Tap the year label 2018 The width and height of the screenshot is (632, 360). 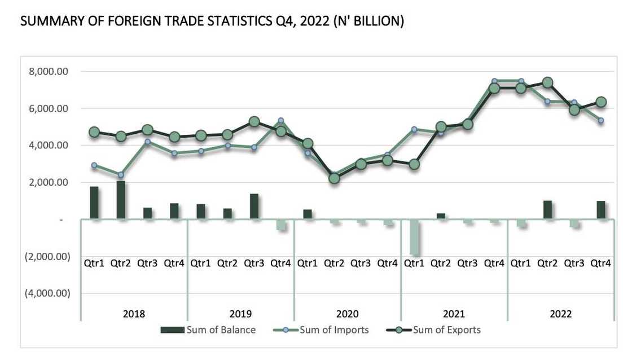click(x=134, y=314)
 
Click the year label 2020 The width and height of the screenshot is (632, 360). click(x=347, y=314)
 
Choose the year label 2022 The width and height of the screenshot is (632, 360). click(x=561, y=314)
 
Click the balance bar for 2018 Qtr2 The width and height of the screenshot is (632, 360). click(x=121, y=200)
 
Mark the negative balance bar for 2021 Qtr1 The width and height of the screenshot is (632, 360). click(x=414, y=237)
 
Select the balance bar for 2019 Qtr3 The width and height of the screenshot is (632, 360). click(x=254, y=207)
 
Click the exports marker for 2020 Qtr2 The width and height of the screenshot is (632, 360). click(x=334, y=178)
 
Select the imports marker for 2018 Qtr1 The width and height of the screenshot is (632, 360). click(x=94, y=165)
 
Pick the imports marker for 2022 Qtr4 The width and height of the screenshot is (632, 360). click(x=601, y=120)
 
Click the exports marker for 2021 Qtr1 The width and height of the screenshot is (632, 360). click(x=414, y=164)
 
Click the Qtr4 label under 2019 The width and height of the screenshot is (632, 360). click(x=280, y=262)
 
